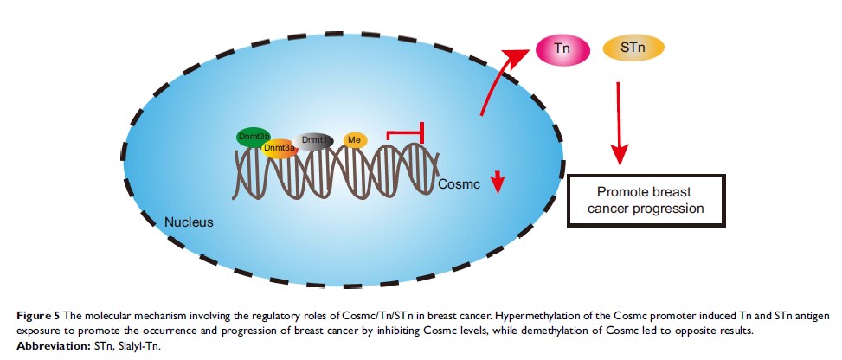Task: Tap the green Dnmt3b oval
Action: [x=253, y=138]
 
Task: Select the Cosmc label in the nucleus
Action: [x=458, y=184]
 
